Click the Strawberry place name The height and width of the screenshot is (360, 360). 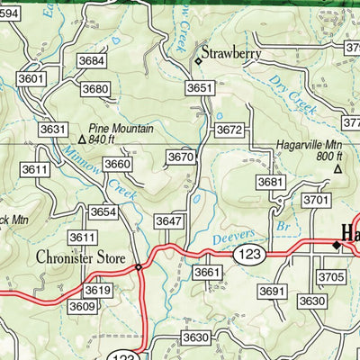[230, 54]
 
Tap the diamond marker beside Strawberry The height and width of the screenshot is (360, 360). [199, 60]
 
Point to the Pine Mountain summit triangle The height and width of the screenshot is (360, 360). [81, 139]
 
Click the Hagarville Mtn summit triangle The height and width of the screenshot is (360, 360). [337, 168]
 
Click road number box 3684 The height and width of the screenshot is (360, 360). [91, 60]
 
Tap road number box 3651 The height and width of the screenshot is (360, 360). [200, 87]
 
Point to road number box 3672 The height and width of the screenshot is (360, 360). [229, 130]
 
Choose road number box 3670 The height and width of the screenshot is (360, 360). [181, 157]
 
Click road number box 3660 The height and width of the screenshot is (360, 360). [117, 164]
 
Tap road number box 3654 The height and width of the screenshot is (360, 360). [103, 211]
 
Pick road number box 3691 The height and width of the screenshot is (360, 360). [271, 292]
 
